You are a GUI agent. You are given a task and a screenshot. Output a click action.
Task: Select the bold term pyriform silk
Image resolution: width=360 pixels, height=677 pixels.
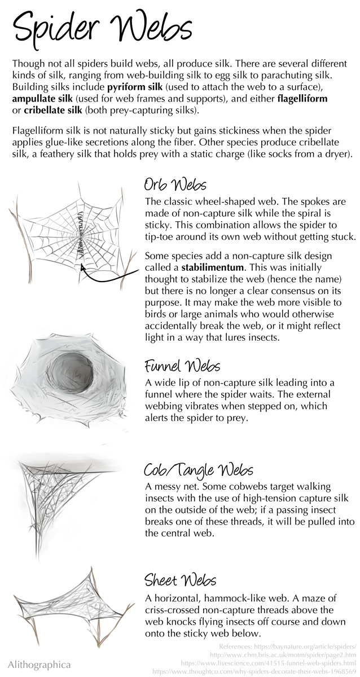(x=135, y=87)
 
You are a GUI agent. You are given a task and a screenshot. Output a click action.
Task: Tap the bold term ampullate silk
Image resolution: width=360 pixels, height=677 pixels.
(x=42, y=99)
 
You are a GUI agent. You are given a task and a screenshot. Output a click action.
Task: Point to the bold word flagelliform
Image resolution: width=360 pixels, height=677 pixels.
(x=302, y=99)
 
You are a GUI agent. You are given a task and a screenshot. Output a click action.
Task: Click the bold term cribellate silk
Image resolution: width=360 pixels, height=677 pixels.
(x=53, y=110)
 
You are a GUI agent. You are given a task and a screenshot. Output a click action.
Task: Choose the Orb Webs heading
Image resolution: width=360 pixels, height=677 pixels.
(x=175, y=184)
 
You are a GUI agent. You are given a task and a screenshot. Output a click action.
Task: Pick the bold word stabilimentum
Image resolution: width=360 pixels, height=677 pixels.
(x=212, y=267)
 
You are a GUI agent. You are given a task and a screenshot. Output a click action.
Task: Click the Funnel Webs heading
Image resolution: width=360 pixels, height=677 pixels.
(x=182, y=366)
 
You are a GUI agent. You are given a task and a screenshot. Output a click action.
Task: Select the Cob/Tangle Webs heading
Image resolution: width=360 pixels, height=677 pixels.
(x=198, y=471)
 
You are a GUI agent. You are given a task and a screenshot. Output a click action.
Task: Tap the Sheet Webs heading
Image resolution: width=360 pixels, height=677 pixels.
(x=181, y=580)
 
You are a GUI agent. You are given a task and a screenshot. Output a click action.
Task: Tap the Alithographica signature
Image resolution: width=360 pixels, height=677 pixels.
(x=39, y=665)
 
